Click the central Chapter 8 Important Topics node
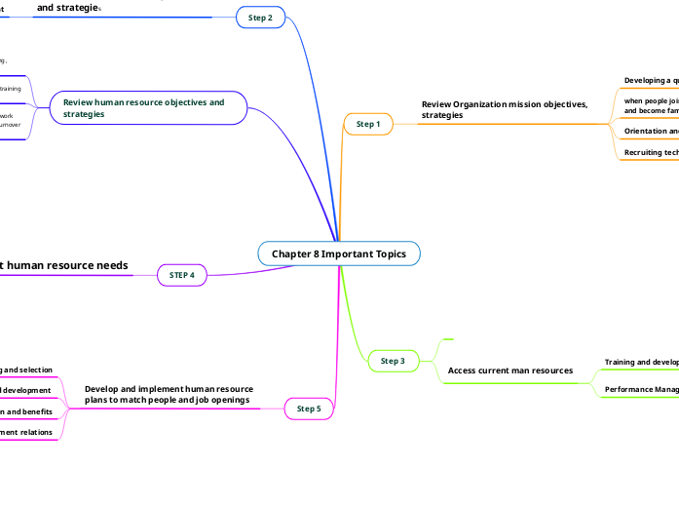[339, 253]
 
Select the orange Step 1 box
[368, 124]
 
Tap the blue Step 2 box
[260, 18]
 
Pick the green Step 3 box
[393, 362]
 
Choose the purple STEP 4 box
[182, 275]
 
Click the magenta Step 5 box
[309, 409]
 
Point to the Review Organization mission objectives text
[505, 109]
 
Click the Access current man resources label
[509, 370]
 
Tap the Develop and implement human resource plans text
[169, 394]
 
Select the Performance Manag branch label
[641, 390]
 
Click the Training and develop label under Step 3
[641, 362]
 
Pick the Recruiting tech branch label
[651, 152]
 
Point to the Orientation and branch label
[651, 131]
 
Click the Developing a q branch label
[651, 80]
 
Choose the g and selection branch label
[26, 370]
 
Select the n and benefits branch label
[26, 411]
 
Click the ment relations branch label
[26, 432]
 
